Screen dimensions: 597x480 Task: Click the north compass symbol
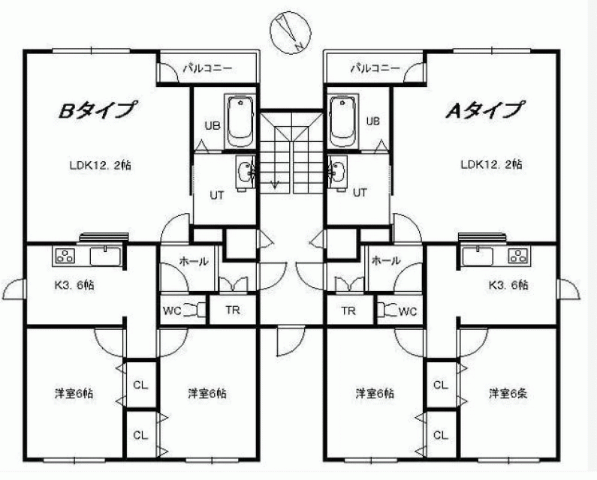click(x=291, y=32)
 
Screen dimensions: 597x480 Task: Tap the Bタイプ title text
click(x=97, y=110)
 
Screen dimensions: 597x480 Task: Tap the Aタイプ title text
click(x=484, y=110)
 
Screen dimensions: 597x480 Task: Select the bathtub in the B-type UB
click(x=240, y=121)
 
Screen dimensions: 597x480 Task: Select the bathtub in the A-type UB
click(x=344, y=121)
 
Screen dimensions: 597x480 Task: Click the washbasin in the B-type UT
click(x=245, y=172)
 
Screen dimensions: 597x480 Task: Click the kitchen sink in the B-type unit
click(x=105, y=256)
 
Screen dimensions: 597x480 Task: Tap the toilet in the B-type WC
click(x=194, y=310)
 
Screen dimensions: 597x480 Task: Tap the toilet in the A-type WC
click(x=388, y=310)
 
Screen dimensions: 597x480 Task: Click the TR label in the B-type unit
click(x=233, y=310)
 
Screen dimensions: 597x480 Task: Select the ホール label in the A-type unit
click(x=386, y=260)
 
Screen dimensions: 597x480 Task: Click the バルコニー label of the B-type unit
click(x=207, y=68)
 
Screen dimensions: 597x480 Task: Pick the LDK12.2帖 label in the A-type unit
click(x=491, y=164)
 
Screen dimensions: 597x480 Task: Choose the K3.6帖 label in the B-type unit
click(x=74, y=285)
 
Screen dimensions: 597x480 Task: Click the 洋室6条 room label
click(x=508, y=393)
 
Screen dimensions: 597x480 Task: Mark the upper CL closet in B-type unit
click(x=140, y=385)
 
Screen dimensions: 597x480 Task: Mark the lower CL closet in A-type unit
click(x=441, y=434)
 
